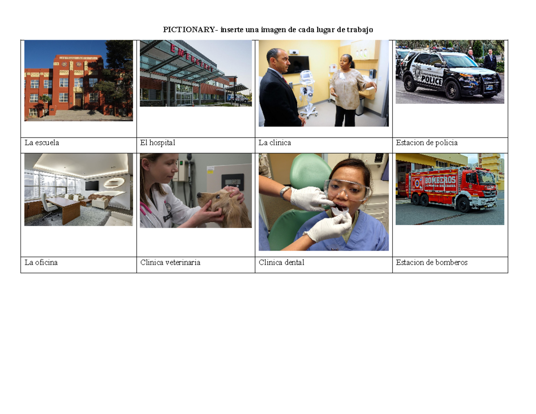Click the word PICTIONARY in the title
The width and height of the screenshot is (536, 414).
pos(189,30)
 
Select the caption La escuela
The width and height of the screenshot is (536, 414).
pos(42,143)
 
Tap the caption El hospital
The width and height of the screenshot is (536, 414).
pos(158,143)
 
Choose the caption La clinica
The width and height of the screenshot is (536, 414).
pos(275,143)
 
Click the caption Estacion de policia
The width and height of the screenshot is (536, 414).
pos(427,143)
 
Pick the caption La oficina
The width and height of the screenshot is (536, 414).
pos(41,262)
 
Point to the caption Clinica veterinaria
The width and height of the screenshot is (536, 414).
pos(170,262)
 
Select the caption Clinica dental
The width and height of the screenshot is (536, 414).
pos(281,262)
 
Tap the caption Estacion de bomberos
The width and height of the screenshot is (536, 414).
pos(431,262)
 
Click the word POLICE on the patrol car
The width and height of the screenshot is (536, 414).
pos(431,80)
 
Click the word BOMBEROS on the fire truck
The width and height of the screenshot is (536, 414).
pos(440,180)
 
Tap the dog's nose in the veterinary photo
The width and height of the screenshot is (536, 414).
pos(199,196)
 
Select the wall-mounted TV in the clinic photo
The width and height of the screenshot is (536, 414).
pos(298,65)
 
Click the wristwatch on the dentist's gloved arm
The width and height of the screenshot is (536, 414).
pos(285,191)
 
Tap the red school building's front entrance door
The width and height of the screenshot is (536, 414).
pos(78,101)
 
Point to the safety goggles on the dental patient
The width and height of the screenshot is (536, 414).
pos(347,189)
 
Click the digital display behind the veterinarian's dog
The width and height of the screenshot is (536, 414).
pos(233,182)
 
